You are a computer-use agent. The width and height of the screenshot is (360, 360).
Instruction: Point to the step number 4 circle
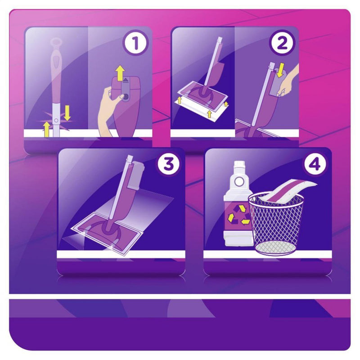click(x=315, y=165)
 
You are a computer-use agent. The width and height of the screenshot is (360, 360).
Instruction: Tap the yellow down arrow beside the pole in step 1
click(x=67, y=112)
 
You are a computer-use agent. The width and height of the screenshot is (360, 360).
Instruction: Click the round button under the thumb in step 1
click(x=126, y=96)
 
